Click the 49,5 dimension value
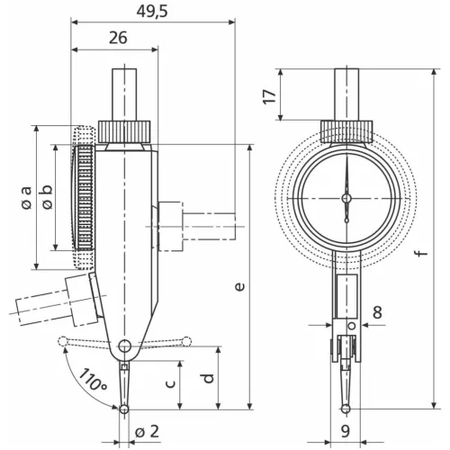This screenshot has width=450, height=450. coord(154,12)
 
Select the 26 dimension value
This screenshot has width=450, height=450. coord(116,38)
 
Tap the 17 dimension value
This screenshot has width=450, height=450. coord(268,96)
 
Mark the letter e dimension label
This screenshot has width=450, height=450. coord(238,286)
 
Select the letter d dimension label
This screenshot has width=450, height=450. coord(208,377)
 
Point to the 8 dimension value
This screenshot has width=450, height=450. coord(377,310)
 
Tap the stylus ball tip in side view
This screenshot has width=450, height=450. coord(124,409)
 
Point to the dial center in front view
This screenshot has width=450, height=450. coord(346,198)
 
